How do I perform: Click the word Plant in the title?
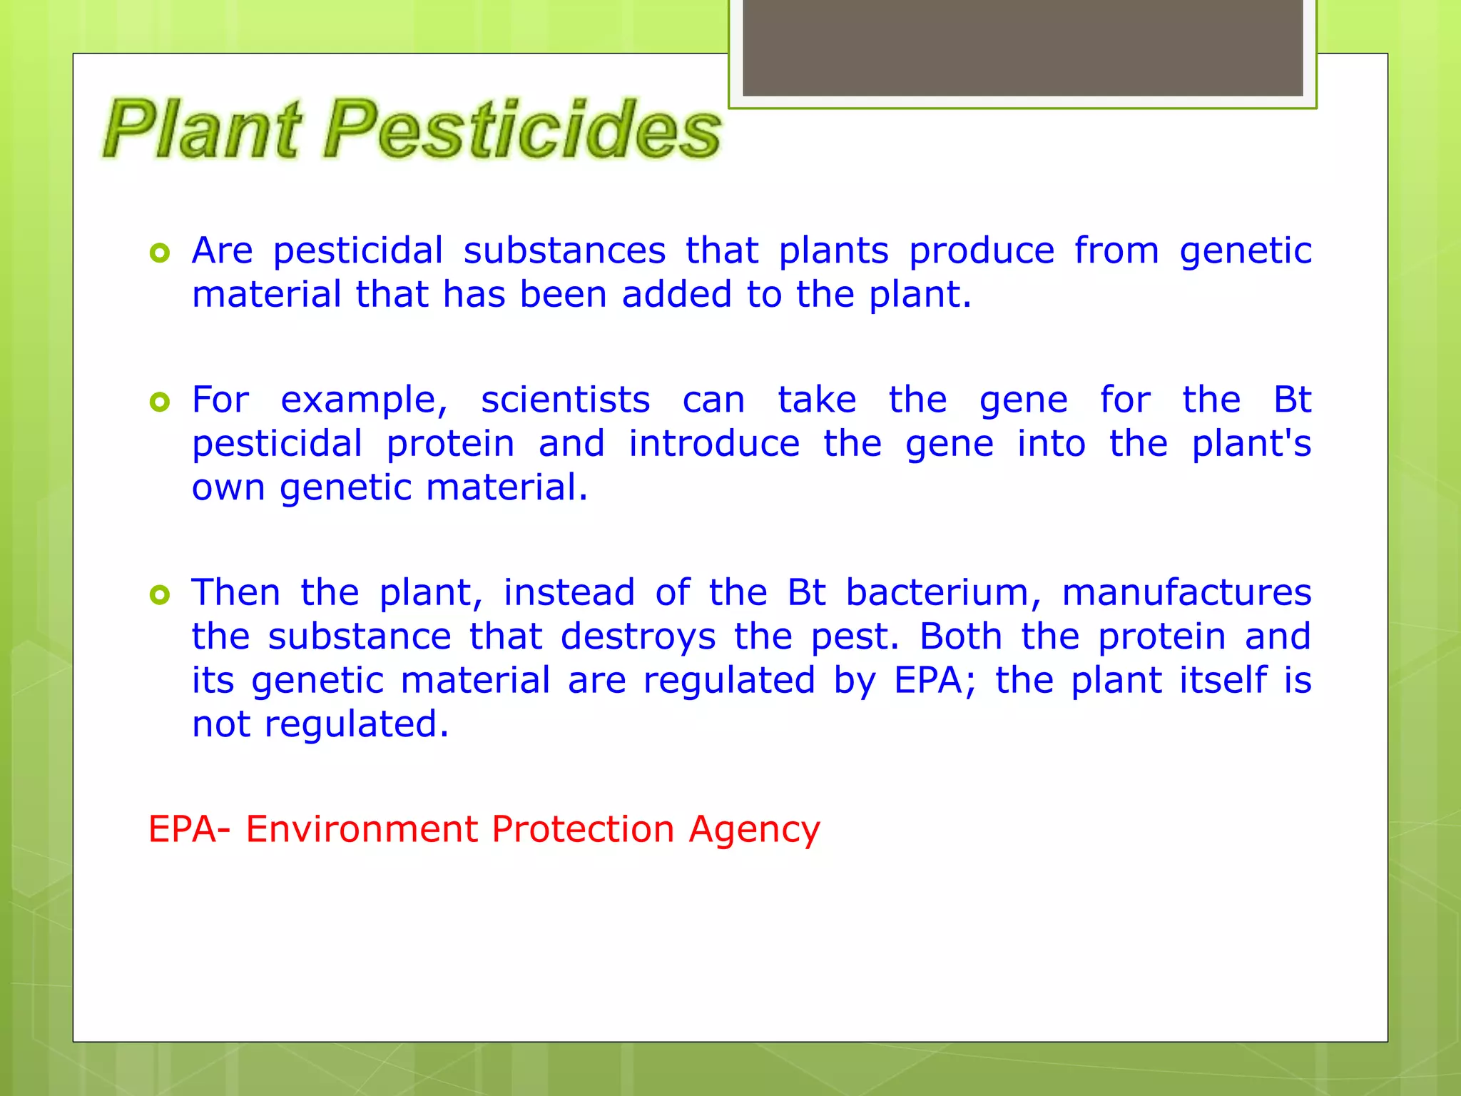click(202, 130)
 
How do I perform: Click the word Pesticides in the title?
click(522, 130)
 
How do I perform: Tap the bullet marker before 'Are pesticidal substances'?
click(160, 253)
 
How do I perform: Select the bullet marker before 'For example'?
click(160, 402)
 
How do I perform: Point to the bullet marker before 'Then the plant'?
click(160, 594)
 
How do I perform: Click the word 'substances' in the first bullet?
click(564, 251)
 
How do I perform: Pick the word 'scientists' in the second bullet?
click(565, 400)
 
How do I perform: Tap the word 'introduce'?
click(714, 444)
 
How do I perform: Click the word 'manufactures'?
click(1186, 593)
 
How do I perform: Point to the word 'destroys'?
click(638, 636)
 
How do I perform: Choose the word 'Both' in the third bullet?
click(960, 636)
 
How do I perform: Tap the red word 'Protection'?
click(583, 830)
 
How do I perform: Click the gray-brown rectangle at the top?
click(1022, 48)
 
